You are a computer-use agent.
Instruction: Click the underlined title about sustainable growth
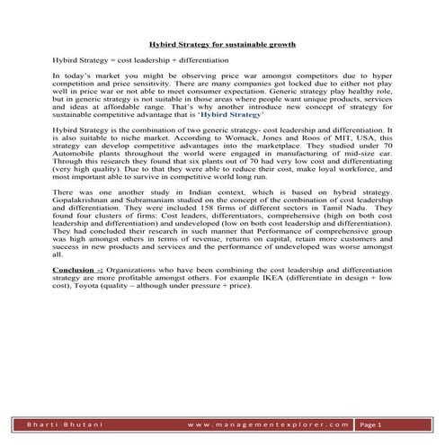(222, 43)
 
